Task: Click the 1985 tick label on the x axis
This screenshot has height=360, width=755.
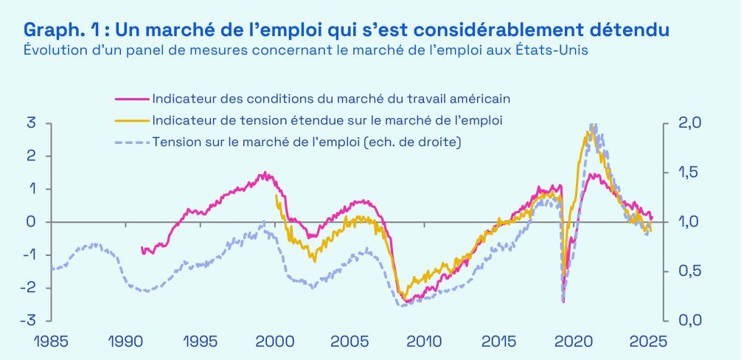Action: pyautogui.click(x=51, y=342)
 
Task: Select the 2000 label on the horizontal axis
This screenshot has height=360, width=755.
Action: pyautogui.click(x=275, y=342)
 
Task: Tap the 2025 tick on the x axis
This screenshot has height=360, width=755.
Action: pyautogui.click(x=649, y=342)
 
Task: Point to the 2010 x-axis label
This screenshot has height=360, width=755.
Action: pyautogui.click(x=425, y=342)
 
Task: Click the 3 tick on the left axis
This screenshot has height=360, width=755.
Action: pyautogui.click(x=32, y=122)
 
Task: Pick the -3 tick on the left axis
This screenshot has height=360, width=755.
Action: pyautogui.click(x=29, y=321)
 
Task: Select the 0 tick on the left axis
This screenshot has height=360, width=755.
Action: pyautogui.click(x=32, y=222)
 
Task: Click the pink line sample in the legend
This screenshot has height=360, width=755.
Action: pyautogui.click(x=131, y=98)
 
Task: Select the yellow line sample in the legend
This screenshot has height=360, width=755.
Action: pyautogui.click(x=131, y=120)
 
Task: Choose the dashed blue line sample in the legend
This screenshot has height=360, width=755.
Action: pyautogui.click(x=131, y=141)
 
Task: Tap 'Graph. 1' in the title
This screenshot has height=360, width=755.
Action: pyautogui.click(x=61, y=30)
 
